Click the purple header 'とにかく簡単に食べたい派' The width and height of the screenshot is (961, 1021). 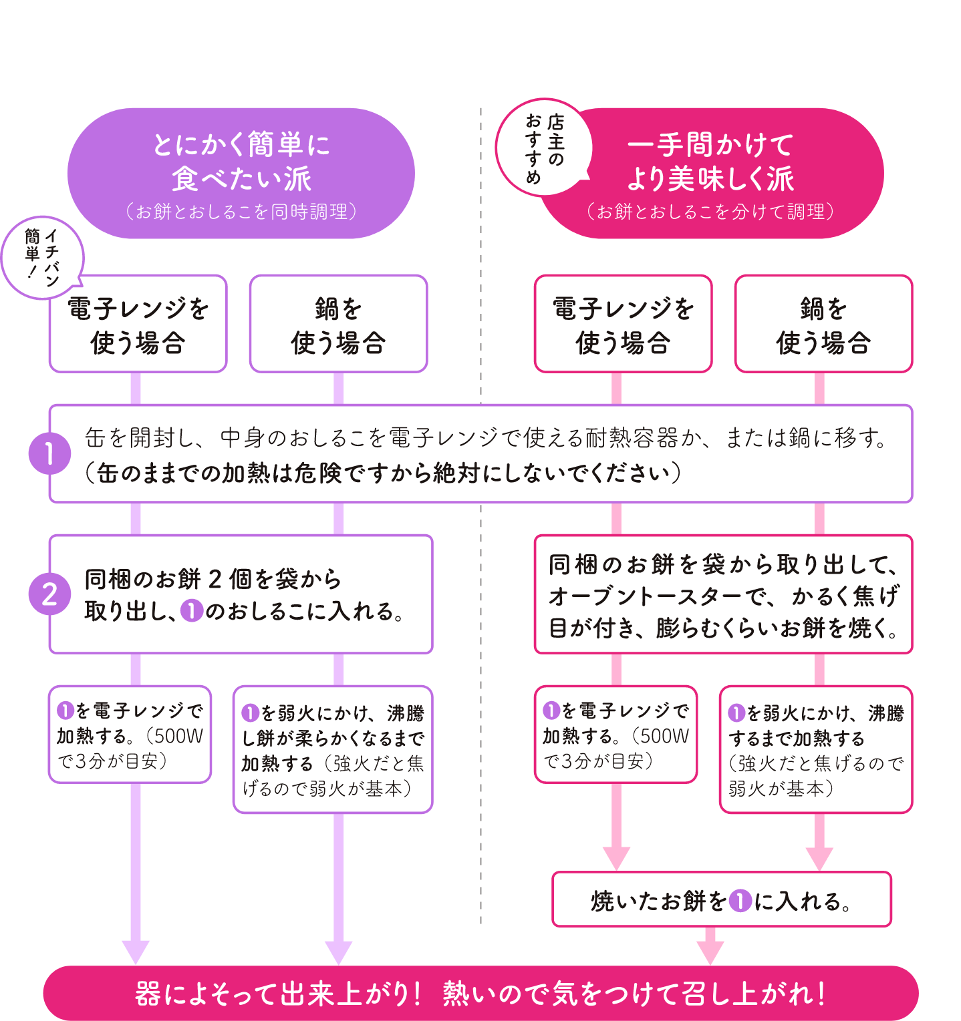point(241,173)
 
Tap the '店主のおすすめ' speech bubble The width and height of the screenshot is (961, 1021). point(543,148)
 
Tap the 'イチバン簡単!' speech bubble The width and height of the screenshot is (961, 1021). point(41,257)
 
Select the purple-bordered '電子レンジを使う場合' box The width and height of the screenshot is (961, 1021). point(138,325)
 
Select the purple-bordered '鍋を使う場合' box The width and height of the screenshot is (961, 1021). point(338,325)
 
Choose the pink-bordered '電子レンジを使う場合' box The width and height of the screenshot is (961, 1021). point(623,325)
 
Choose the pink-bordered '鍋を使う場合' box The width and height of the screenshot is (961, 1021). point(823,325)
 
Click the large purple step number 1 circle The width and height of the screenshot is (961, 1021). point(49,453)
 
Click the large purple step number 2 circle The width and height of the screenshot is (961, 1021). point(49,594)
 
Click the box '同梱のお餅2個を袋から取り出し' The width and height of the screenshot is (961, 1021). point(241,594)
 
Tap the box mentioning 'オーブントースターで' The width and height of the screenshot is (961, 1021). point(723,594)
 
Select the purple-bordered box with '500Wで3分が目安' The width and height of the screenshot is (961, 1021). point(130,735)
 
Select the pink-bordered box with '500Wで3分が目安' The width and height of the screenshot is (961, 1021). point(615,735)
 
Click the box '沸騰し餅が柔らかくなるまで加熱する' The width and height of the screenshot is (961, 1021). point(333,750)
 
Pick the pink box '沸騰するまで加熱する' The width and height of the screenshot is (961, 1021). point(815,750)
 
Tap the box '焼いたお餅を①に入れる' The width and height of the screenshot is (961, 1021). point(722,899)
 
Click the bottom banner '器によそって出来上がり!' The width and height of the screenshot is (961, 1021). point(480,993)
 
